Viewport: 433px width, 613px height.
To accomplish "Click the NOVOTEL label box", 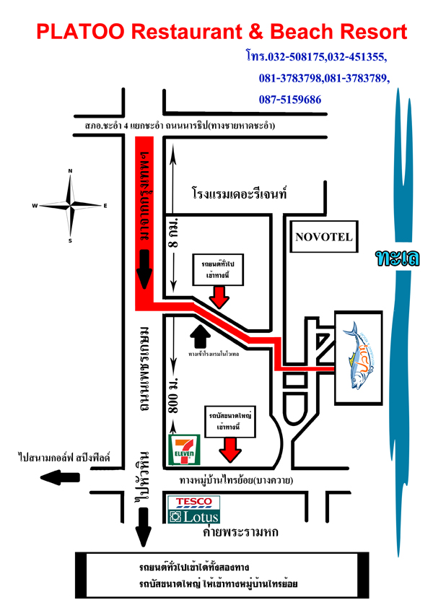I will point(324,236).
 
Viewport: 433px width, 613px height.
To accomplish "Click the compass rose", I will point(70,205).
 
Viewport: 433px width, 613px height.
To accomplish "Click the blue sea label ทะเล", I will point(396,258).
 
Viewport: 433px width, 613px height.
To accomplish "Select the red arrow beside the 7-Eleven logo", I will point(231,450).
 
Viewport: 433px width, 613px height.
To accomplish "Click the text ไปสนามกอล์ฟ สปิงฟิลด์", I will point(64,457).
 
